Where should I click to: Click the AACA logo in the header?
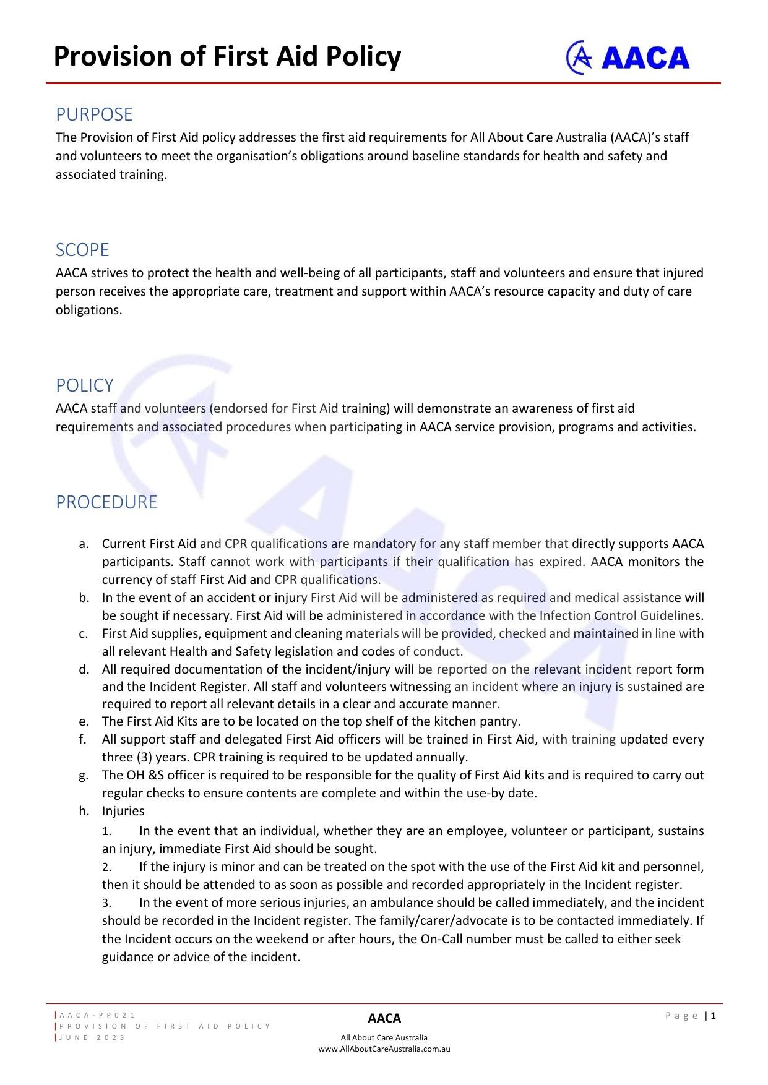[628, 58]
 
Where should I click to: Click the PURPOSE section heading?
[94, 114]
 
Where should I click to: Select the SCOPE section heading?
[82, 250]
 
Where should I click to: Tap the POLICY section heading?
[85, 385]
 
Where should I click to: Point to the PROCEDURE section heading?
[106, 502]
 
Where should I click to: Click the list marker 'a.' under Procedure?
[84, 544]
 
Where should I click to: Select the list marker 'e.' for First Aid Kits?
[84, 721]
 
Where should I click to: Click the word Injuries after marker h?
[123, 811]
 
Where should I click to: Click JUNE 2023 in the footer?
[93, 1037]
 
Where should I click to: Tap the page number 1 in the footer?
[714, 1015]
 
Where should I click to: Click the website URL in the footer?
[384, 1049]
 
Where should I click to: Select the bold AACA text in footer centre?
[384, 1018]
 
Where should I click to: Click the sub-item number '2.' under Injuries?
[106, 867]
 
